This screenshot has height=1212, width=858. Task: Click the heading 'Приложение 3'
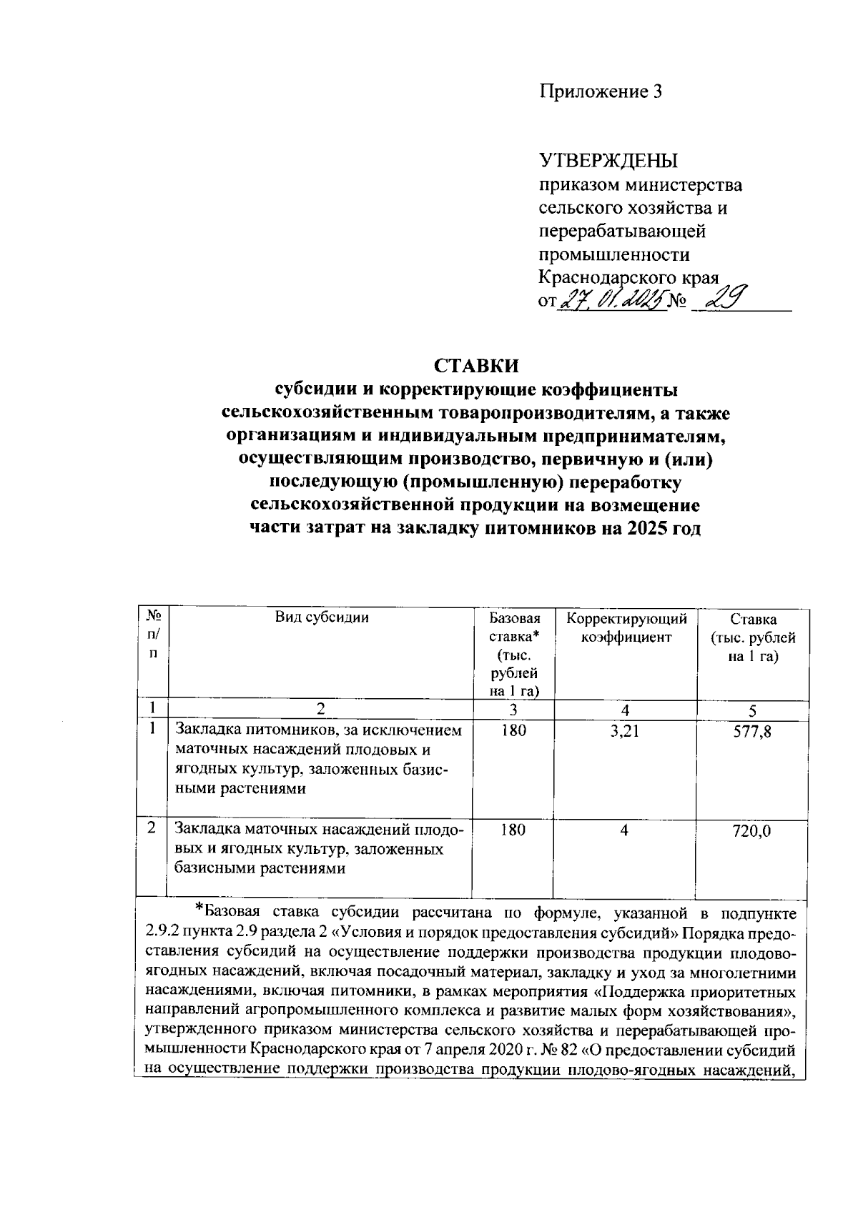tap(601, 91)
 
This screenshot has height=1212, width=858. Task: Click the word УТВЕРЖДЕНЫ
tap(608, 160)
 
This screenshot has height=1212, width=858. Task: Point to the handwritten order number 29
tap(723, 299)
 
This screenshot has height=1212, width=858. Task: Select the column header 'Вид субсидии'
tap(322, 618)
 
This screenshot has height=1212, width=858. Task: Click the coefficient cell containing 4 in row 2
tap(624, 830)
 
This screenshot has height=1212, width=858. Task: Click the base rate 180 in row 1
tap(513, 731)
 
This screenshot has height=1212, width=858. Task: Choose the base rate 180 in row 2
tap(513, 830)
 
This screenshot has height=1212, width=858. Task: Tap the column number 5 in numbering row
tap(751, 710)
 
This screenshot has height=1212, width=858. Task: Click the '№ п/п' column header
tap(152, 633)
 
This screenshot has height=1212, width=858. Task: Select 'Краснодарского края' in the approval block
tap(628, 278)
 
